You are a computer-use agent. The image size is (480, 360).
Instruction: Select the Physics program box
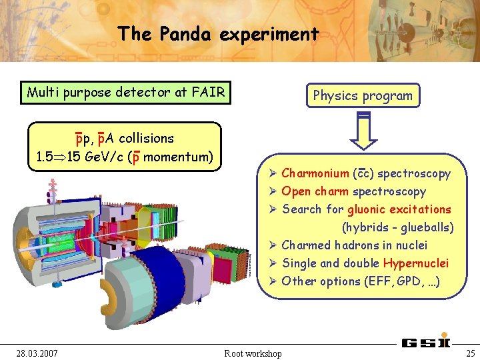click(x=363, y=95)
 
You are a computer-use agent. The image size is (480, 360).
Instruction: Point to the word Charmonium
click(x=315, y=174)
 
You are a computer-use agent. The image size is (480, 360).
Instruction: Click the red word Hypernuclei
click(x=415, y=263)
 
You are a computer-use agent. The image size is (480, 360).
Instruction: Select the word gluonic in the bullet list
click(x=369, y=209)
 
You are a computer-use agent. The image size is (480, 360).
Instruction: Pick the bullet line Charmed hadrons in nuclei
click(x=354, y=245)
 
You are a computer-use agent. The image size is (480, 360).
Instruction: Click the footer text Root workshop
click(x=253, y=353)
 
